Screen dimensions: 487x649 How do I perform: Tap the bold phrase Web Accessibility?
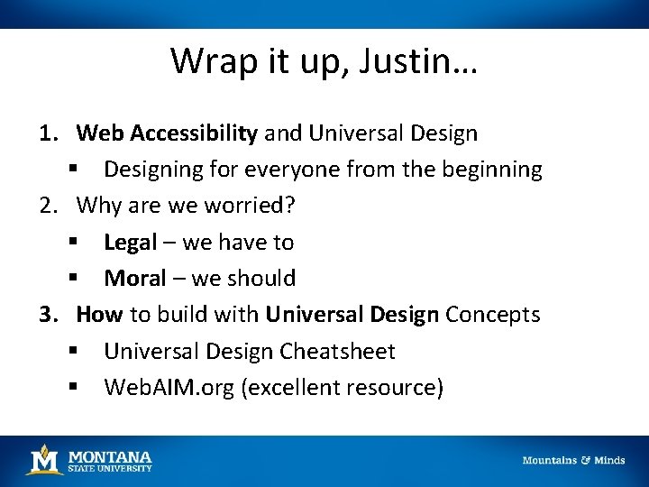point(168,133)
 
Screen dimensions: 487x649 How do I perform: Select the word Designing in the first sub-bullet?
point(159,170)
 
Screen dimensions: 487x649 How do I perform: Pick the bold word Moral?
point(135,278)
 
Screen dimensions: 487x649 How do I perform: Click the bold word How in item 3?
point(100,315)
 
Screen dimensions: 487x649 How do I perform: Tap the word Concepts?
point(493,315)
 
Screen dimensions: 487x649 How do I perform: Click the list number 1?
point(47,133)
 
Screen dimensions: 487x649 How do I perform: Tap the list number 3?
point(47,315)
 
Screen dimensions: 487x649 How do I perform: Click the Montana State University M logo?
point(43,459)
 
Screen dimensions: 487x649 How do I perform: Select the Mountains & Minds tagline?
point(573,460)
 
